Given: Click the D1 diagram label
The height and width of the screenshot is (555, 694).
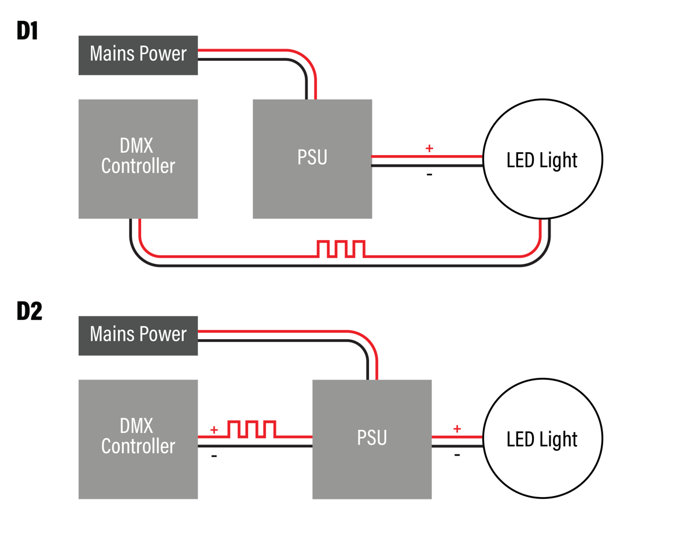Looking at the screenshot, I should [27, 32].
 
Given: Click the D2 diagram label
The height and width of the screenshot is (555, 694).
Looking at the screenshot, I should [29, 312].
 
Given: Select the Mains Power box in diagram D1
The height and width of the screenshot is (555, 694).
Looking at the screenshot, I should [138, 55].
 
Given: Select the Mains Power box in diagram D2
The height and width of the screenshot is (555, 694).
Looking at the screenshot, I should [138, 335].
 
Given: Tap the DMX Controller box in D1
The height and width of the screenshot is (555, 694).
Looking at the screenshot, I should [138, 159].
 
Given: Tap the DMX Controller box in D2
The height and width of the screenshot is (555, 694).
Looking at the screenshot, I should [138, 439].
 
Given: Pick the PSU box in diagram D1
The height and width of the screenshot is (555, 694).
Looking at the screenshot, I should [312, 159].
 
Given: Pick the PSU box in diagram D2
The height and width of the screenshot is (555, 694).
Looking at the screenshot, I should [372, 439].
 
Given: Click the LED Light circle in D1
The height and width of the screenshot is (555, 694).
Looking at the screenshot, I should [542, 160].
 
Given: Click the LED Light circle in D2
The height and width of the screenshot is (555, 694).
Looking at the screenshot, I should [542, 440].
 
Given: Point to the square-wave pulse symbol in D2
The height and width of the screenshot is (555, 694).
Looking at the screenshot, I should [252, 429].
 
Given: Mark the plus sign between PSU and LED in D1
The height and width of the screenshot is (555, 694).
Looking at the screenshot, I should [429, 148].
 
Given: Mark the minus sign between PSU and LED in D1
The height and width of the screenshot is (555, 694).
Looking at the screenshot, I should [429, 174].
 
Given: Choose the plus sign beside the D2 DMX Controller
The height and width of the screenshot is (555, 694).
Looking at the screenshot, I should [214, 430].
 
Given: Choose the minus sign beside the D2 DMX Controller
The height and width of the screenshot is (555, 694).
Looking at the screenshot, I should [214, 456].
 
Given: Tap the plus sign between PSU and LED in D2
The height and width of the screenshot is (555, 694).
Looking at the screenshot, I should [457, 429].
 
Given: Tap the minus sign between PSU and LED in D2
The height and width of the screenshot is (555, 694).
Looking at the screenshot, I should [457, 455].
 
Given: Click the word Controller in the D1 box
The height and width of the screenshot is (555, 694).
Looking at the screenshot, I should [138, 166].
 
